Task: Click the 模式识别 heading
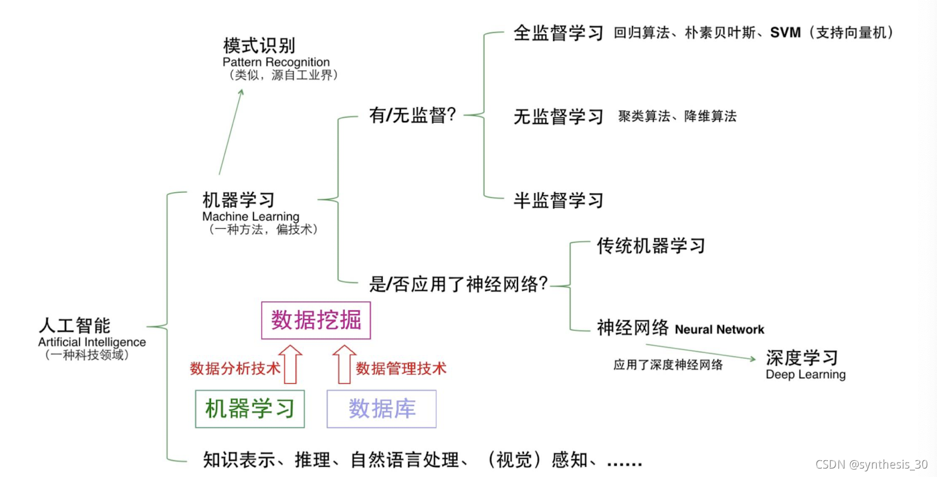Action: click(x=259, y=46)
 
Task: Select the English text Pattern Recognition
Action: click(x=276, y=62)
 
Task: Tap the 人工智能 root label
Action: click(x=75, y=326)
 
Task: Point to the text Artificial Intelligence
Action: click(x=92, y=342)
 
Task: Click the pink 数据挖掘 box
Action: click(x=316, y=320)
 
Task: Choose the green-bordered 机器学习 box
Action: click(x=250, y=409)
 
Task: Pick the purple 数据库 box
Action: click(x=381, y=409)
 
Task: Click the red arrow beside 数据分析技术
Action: click(x=291, y=364)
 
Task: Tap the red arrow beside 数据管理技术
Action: click(x=344, y=364)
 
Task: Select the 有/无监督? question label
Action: click(x=412, y=115)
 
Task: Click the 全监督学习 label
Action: click(x=558, y=33)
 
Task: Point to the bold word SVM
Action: click(x=785, y=33)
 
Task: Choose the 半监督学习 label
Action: click(x=558, y=201)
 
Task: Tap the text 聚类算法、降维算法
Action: click(x=677, y=116)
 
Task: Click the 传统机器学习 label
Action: click(x=651, y=246)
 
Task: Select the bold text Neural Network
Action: click(x=719, y=329)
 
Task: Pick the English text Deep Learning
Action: click(x=806, y=375)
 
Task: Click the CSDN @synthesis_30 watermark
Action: click(x=871, y=464)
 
